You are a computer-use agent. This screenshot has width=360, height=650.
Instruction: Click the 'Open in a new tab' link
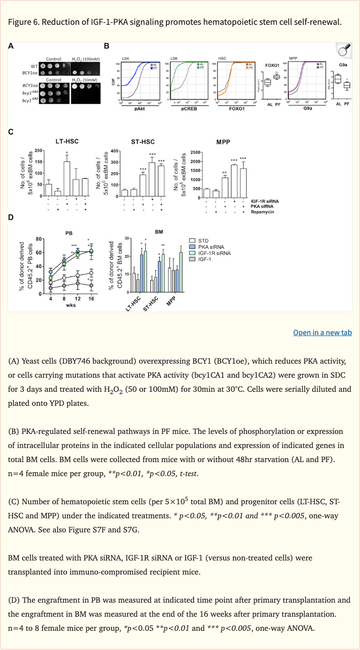(x=322, y=332)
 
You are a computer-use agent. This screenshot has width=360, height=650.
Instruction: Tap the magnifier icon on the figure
(x=344, y=50)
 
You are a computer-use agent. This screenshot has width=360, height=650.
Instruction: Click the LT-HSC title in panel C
(x=62, y=142)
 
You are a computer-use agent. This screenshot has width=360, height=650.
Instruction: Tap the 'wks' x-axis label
(x=71, y=305)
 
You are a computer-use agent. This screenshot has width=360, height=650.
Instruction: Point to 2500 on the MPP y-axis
(x=195, y=153)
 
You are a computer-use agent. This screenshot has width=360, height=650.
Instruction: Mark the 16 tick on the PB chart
(x=91, y=299)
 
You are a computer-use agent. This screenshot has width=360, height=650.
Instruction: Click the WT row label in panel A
(x=34, y=66)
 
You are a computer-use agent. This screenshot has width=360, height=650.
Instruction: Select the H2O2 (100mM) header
(x=85, y=59)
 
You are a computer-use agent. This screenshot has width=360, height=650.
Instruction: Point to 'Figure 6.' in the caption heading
(x=23, y=22)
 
